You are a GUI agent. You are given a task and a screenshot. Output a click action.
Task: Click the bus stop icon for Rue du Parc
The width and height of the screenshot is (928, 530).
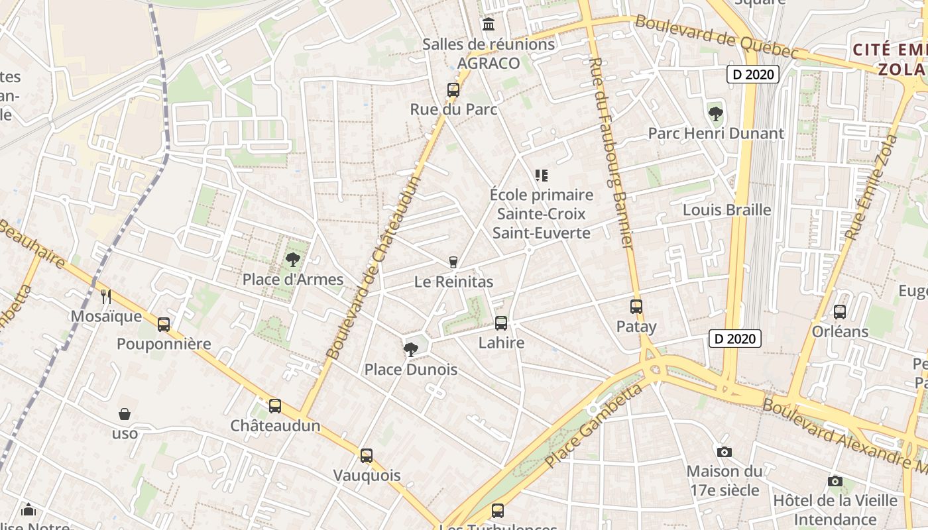pos(453,89)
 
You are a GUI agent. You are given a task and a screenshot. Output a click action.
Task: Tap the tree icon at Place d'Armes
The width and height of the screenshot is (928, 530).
pos(292,259)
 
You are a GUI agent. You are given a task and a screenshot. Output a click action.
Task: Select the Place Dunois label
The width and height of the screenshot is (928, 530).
pos(411,369)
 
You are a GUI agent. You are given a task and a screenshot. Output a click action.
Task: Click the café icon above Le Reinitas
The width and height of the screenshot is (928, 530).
pos(453,262)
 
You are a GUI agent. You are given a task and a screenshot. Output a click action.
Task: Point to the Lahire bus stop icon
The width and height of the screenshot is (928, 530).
pos(501,323)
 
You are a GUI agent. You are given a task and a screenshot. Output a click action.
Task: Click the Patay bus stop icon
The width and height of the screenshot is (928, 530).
pos(636,307)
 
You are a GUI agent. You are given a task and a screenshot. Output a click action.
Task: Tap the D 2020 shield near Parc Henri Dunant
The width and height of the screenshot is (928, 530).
pos(752,74)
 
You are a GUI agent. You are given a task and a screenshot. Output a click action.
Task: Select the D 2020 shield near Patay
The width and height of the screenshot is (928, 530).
pos(734,339)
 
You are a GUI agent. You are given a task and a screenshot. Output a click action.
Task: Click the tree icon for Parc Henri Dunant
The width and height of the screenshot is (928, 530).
pos(715,113)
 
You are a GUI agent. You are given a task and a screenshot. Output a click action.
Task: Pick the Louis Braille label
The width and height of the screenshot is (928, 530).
pos(726,210)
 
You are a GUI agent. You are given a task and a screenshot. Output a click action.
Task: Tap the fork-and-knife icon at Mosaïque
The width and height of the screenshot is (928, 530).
pos(105,296)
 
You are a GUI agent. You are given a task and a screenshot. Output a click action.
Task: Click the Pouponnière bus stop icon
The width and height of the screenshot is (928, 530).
pos(164,325)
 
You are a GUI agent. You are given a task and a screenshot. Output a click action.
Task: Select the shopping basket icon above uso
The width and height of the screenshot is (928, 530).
pos(125,415)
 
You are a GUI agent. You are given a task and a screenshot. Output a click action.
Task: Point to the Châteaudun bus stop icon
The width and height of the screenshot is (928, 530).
pos(275,406)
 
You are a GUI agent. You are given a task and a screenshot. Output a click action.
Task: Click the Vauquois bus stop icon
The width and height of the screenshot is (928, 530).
pos(367,456)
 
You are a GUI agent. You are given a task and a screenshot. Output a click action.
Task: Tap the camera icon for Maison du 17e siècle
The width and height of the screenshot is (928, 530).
pos(725,452)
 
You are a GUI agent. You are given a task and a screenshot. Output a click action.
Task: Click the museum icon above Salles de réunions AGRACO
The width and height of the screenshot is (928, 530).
pos(489,25)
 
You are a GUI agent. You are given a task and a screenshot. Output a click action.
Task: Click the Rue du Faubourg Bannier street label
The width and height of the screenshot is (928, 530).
pos(610,152)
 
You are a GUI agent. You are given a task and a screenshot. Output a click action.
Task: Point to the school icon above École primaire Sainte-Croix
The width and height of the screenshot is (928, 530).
pos(542,176)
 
